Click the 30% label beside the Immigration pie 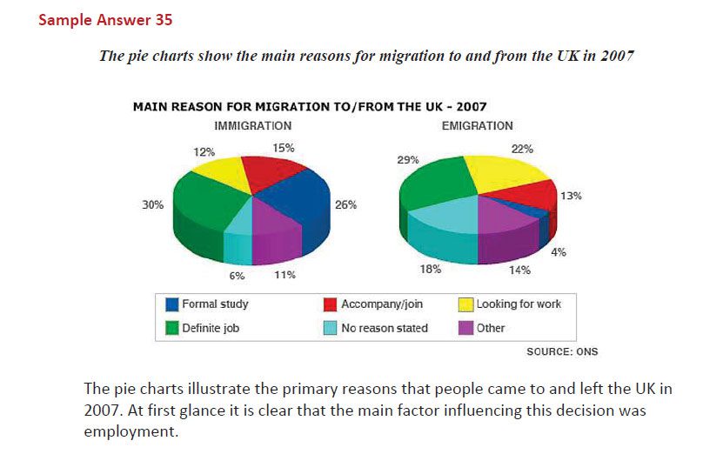coord(153,205)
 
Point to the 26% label coord(345,205)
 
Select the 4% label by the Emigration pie coord(561,252)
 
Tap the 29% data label coord(408,160)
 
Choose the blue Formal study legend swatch coord(172,304)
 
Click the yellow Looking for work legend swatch coord(465,304)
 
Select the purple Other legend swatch coord(465,328)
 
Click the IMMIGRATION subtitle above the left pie coord(252,126)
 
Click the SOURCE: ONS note coord(562,351)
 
